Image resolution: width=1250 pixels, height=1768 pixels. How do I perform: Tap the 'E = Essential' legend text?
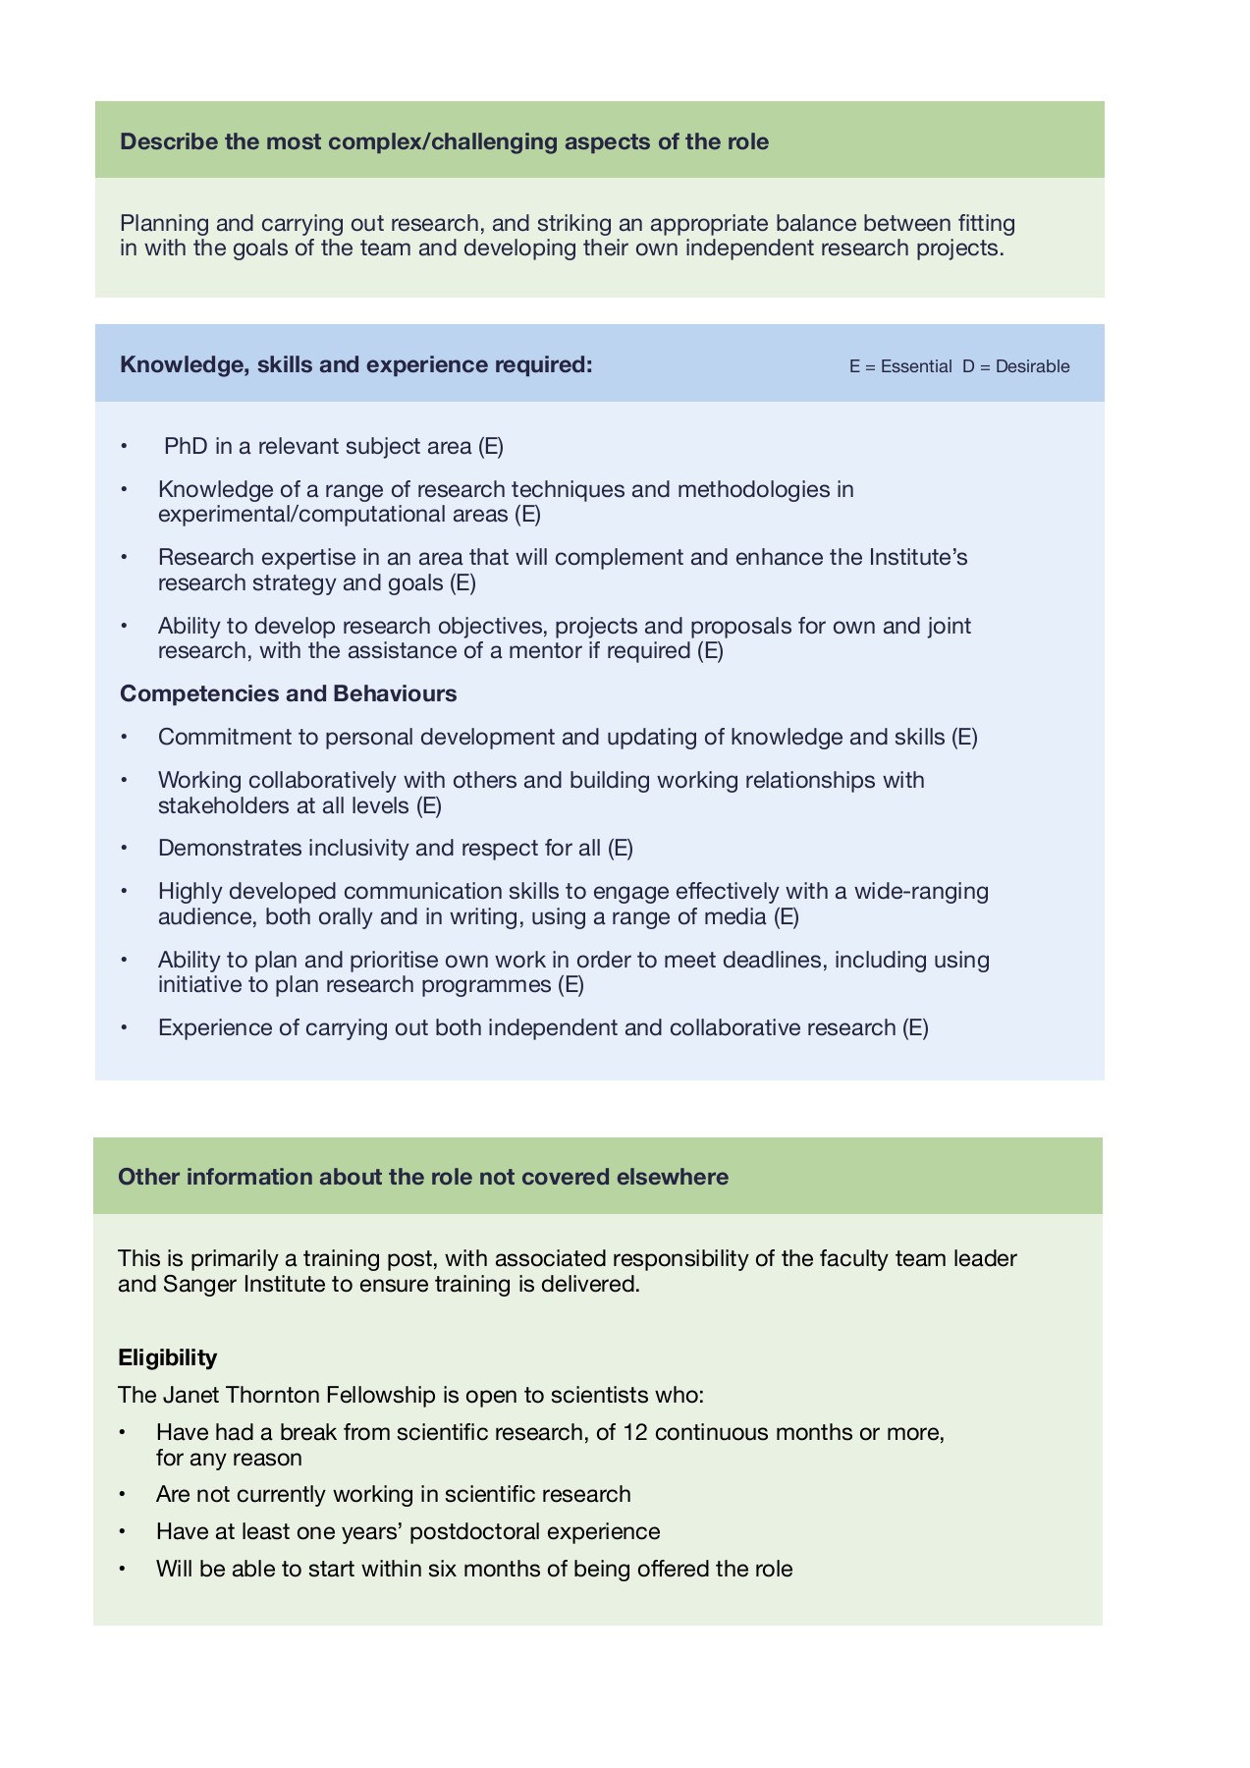point(899,366)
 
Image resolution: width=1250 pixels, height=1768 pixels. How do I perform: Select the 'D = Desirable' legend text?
point(1015,366)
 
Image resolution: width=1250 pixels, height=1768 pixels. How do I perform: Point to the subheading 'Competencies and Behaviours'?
point(288,694)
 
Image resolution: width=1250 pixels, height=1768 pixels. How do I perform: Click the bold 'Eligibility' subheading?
point(167,1357)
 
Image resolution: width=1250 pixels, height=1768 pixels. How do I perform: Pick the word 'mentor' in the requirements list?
point(545,651)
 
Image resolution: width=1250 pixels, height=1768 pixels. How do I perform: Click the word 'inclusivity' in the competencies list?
point(360,848)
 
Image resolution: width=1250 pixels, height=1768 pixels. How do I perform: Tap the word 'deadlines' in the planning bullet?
point(772,960)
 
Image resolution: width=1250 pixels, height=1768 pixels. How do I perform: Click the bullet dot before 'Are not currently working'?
point(123,1495)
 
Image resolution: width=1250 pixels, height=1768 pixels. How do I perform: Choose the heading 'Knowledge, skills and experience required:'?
point(355,365)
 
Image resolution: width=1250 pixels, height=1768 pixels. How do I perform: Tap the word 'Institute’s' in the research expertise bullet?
point(918,558)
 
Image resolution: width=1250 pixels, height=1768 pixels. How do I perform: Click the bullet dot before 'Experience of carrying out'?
point(124,1028)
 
